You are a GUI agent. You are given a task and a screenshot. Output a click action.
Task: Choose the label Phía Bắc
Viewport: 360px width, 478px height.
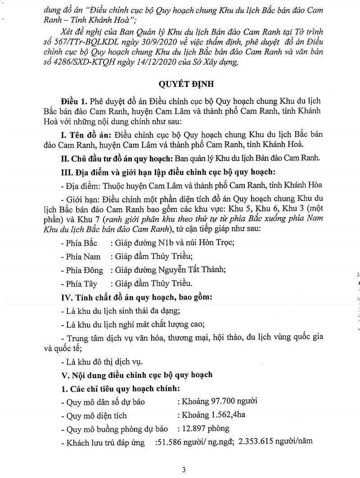81,242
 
